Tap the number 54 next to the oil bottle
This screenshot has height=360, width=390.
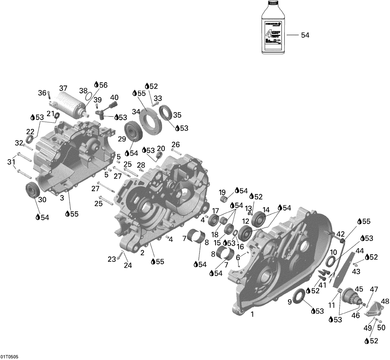click(305, 35)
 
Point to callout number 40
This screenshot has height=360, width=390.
click(114, 98)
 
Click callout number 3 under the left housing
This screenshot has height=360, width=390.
click(62, 198)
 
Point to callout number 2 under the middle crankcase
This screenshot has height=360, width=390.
click(142, 253)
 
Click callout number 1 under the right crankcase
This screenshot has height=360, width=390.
click(252, 315)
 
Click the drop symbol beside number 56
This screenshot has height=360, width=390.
click(96, 85)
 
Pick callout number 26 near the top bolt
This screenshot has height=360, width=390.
click(175, 145)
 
